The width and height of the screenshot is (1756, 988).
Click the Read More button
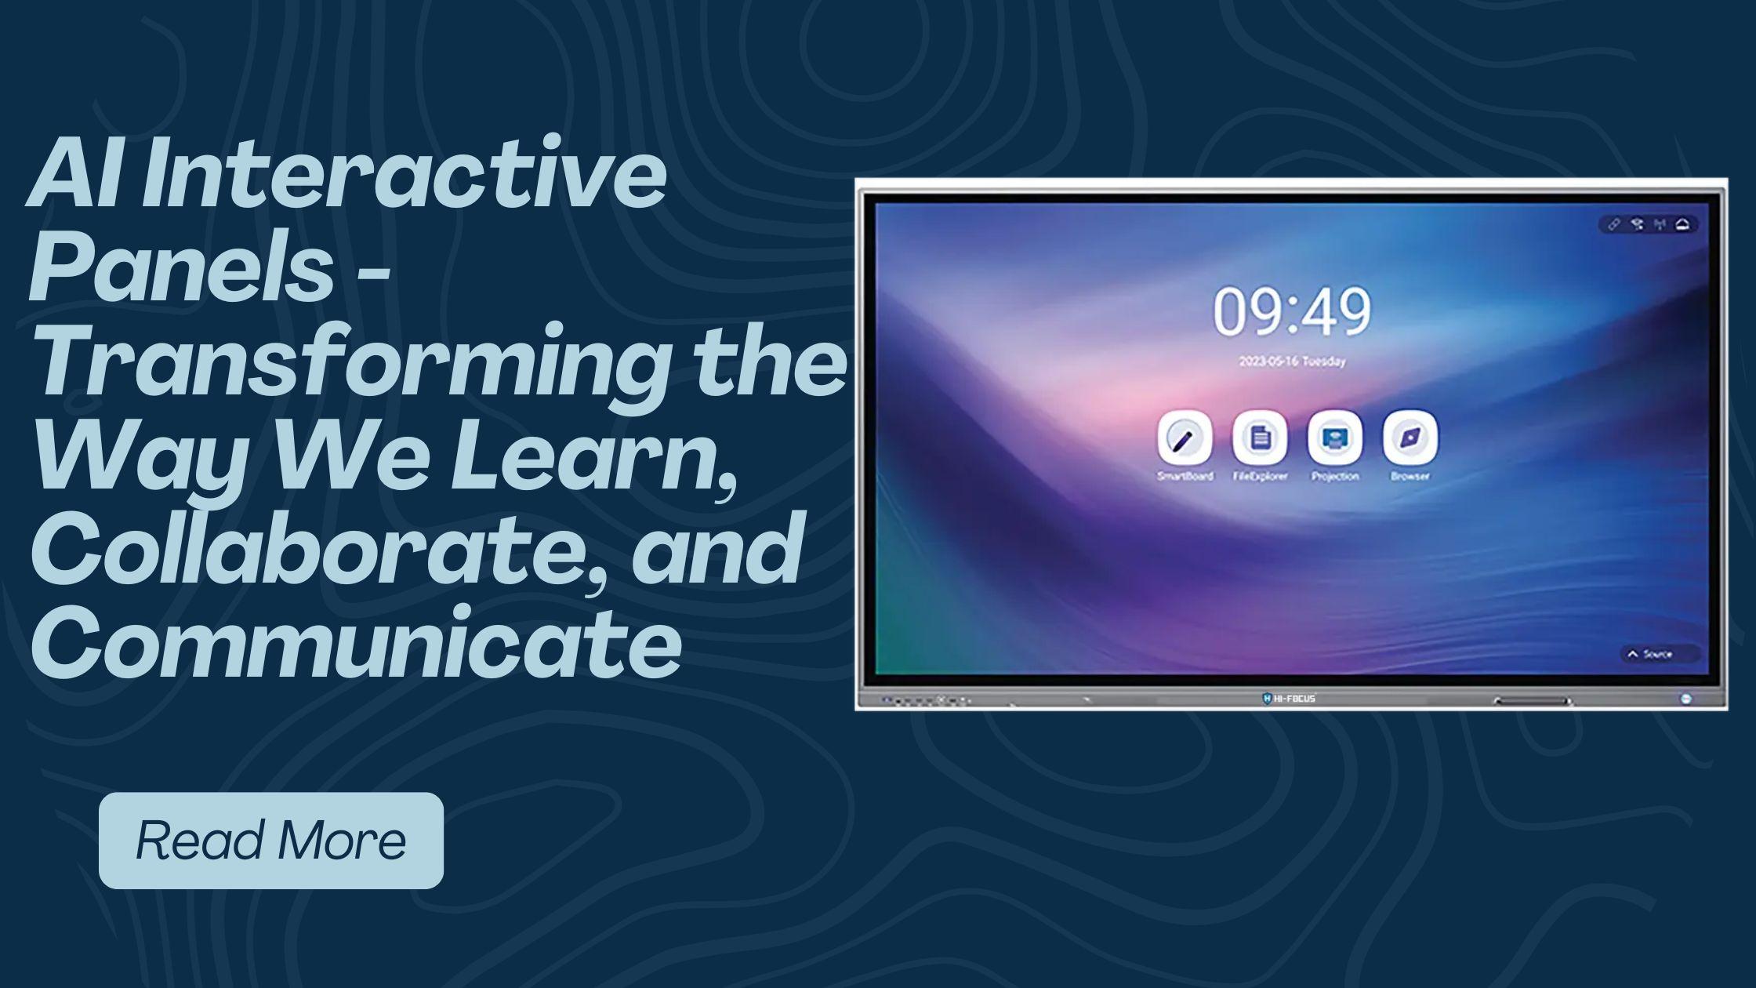[271, 840]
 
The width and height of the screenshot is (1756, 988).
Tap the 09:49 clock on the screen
[1292, 311]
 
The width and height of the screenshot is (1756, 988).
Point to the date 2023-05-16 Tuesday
[1292, 361]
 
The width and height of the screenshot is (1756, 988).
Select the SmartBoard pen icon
[1185, 438]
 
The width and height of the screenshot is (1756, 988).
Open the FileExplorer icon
[1260, 438]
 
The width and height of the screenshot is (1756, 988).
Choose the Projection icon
[1335, 438]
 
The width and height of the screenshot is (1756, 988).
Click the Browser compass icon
[1410, 438]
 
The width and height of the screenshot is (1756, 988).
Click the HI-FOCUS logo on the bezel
[1290, 698]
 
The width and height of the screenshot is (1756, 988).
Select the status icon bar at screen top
[1648, 225]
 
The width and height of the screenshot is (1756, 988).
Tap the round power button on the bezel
[1686, 698]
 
